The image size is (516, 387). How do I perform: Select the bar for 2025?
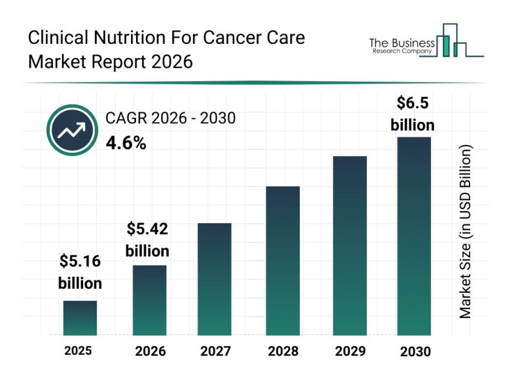80,318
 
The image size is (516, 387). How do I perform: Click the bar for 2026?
150,300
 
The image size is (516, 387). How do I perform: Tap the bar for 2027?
215,279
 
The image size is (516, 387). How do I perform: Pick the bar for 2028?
283,261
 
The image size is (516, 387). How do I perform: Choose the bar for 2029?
350,245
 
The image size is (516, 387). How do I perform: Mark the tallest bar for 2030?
413,236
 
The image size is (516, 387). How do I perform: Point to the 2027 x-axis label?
215,352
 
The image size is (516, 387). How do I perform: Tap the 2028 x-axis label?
283,352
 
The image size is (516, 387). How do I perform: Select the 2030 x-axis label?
414,352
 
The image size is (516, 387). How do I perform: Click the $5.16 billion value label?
80,272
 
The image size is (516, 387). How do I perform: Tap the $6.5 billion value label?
413,113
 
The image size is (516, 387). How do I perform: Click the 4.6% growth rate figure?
126,143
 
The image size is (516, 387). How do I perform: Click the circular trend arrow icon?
72,132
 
